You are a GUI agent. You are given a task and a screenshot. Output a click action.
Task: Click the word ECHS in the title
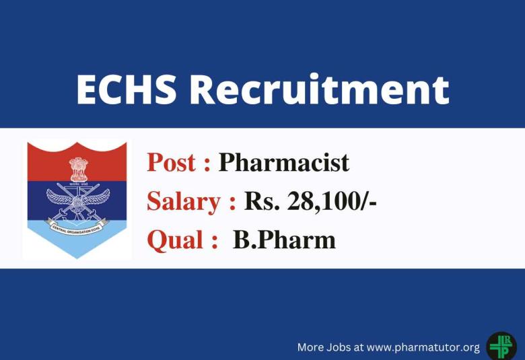coord(126,89)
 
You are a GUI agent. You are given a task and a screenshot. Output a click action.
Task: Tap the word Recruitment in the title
coord(319,89)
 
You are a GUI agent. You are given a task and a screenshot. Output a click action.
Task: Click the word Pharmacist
coord(284,163)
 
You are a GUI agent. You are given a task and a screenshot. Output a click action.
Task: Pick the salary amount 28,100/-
coord(329,201)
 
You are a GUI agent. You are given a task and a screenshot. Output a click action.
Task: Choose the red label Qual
coord(173,240)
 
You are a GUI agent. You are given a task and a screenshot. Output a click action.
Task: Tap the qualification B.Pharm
coord(284,240)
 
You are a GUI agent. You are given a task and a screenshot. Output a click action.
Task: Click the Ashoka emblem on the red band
coord(78,169)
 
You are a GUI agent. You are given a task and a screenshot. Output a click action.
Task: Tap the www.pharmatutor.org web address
coord(423,347)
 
